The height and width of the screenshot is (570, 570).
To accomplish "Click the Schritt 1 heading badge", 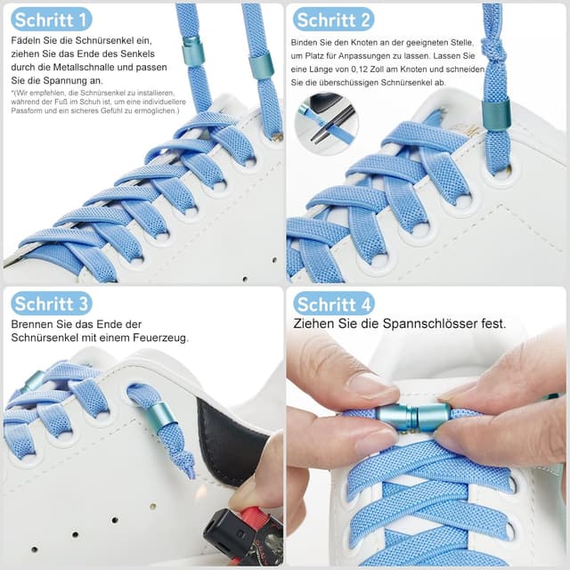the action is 52,20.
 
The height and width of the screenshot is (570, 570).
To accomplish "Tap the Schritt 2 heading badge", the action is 333,20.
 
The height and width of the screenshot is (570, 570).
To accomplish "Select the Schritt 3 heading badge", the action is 52,303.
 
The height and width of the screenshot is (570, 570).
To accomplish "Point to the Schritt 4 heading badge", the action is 334,303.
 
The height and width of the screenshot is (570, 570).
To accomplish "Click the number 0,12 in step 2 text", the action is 360,69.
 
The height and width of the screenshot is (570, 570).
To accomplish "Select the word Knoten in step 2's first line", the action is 366,43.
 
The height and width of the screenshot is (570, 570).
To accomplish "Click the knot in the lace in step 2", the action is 493,50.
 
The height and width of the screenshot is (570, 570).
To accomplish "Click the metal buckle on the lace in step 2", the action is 494,113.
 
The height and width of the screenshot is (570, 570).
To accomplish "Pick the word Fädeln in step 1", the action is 26,40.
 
